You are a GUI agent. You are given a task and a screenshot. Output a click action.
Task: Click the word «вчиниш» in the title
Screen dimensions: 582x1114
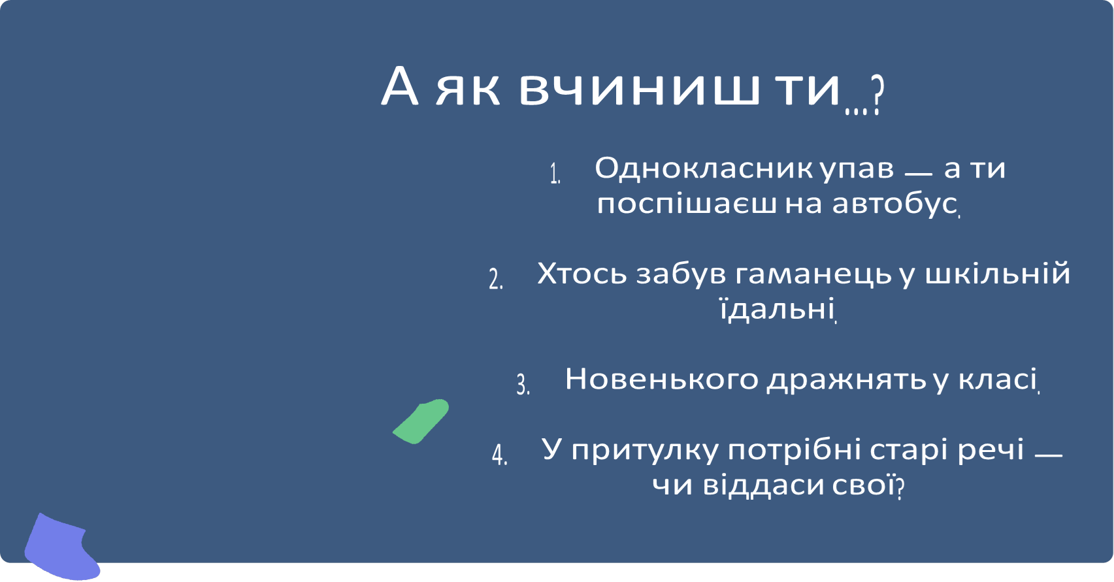coord(640,88)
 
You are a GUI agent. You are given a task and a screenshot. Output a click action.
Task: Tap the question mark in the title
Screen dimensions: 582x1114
coord(877,95)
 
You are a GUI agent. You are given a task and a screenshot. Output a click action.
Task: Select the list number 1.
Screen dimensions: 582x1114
coord(555,174)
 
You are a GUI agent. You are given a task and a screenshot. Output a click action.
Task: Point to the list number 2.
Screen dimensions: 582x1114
coord(496,279)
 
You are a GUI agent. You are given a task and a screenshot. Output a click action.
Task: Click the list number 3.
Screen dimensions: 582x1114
coord(523,384)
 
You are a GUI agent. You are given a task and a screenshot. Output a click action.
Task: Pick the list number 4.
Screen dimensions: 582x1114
coord(500,455)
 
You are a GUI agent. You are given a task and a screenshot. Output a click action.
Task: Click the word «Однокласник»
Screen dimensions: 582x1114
coord(703,169)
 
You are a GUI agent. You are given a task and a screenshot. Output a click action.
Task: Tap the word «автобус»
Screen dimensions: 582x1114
coord(894,204)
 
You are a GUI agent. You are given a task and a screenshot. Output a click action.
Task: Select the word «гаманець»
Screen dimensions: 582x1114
coord(813,274)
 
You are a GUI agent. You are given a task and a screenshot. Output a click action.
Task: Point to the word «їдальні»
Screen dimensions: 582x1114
coord(776,308)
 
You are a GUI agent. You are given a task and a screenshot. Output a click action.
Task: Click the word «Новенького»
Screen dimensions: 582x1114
coord(661,379)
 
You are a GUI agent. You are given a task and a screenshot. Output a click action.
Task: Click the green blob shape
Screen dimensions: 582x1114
coord(421,421)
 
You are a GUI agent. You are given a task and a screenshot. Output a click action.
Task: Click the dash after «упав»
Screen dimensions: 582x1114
coord(918,174)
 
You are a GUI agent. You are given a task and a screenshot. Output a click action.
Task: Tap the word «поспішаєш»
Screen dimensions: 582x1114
coord(687,204)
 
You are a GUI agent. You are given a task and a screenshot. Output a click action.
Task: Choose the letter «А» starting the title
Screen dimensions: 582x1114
coord(399,88)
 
